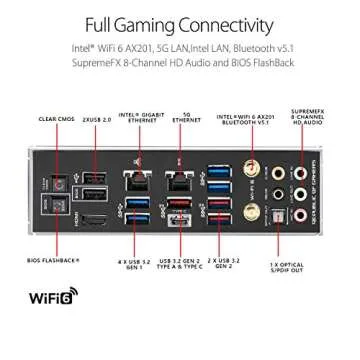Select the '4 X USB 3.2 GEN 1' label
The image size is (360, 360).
(132, 266)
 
